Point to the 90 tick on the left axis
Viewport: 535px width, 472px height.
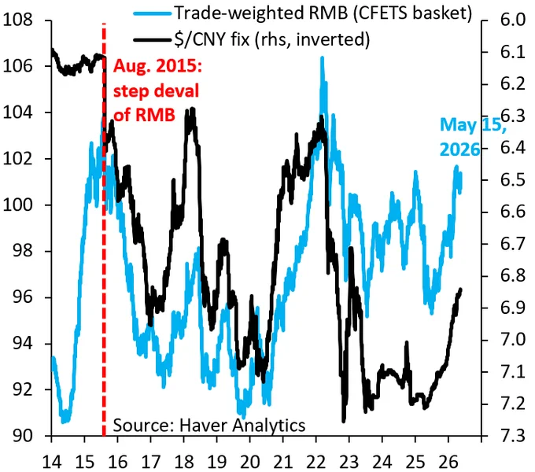[23, 436]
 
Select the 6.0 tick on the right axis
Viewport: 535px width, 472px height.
[512, 20]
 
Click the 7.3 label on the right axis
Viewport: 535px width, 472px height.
[512, 436]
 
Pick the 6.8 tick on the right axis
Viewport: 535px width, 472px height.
[512, 275]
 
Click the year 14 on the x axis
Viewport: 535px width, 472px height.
[51, 462]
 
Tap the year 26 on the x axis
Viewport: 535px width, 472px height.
[448, 462]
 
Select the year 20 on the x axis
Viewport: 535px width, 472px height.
[249, 462]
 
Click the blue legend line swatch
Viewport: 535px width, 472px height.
[152, 13]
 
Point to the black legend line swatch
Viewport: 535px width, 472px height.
[152, 40]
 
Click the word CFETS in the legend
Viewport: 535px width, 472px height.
[379, 13]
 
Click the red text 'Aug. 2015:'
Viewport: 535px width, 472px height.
[157, 65]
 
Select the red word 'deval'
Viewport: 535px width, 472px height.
[177, 90]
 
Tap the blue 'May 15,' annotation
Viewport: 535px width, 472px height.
[473, 125]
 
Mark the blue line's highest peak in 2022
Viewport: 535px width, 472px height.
[322, 58]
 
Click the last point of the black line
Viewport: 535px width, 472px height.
[461, 289]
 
